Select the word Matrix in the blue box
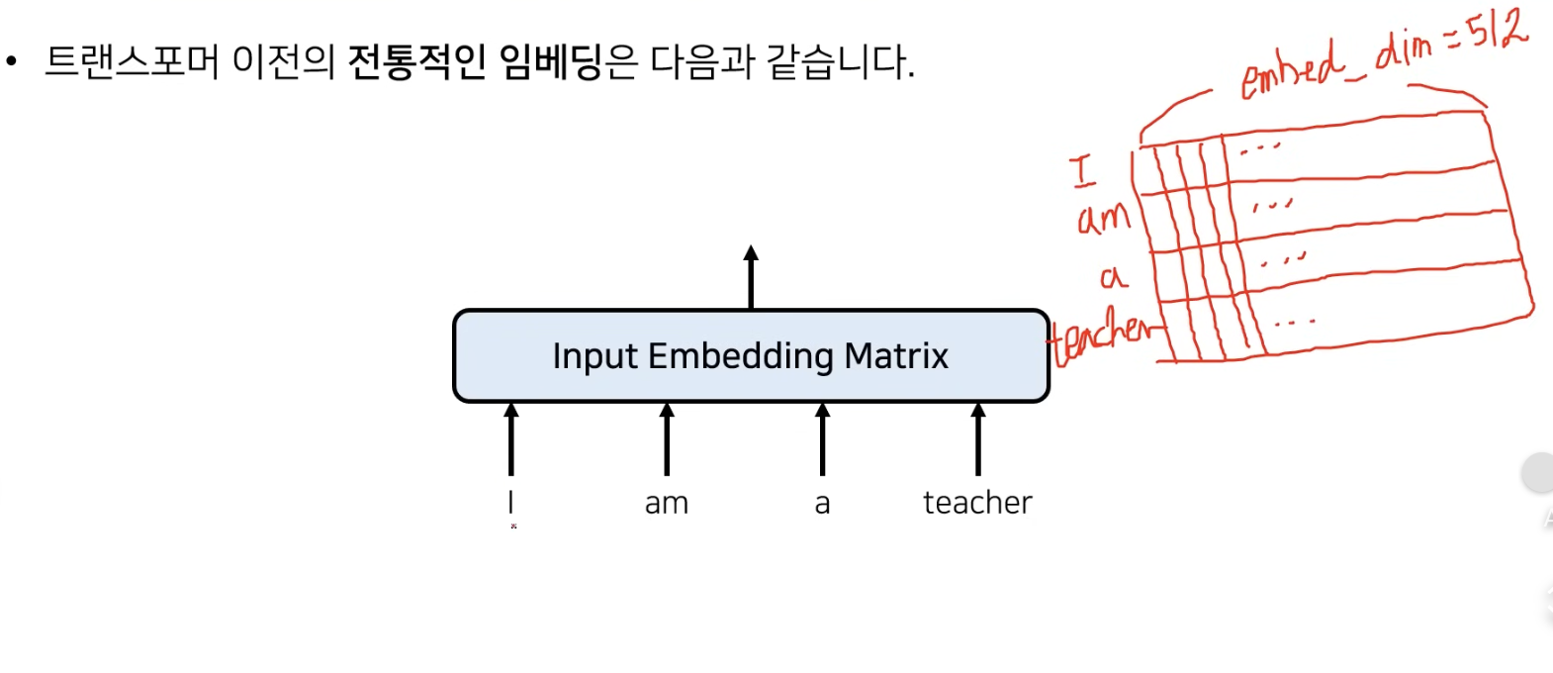click(896, 356)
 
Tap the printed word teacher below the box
click(977, 503)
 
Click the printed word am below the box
click(667, 505)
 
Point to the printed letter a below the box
click(822, 505)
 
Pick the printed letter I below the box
click(511, 502)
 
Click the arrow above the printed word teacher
click(978, 439)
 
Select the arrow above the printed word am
click(667, 439)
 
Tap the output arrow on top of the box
click(751, 277)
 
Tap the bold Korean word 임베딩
click(550, 61)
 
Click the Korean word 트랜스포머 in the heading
click(132, 61)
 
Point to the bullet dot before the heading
click(11, 61)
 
